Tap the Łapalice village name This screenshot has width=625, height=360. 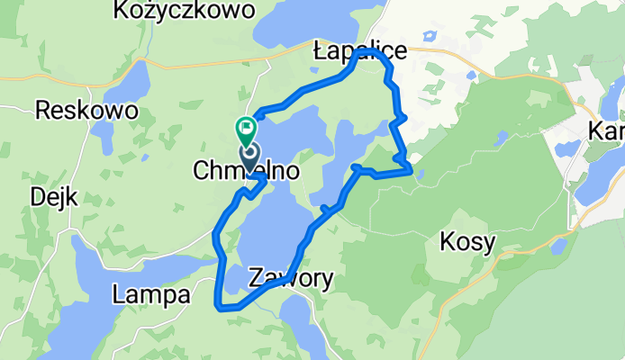[x=359, y=53]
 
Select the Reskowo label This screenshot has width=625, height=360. [x=86, y=111]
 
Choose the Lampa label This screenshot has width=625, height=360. [x=151, y=294]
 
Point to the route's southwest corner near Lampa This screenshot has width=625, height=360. [x=219, y=307]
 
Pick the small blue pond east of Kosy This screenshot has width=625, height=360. [x=557, y=245]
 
